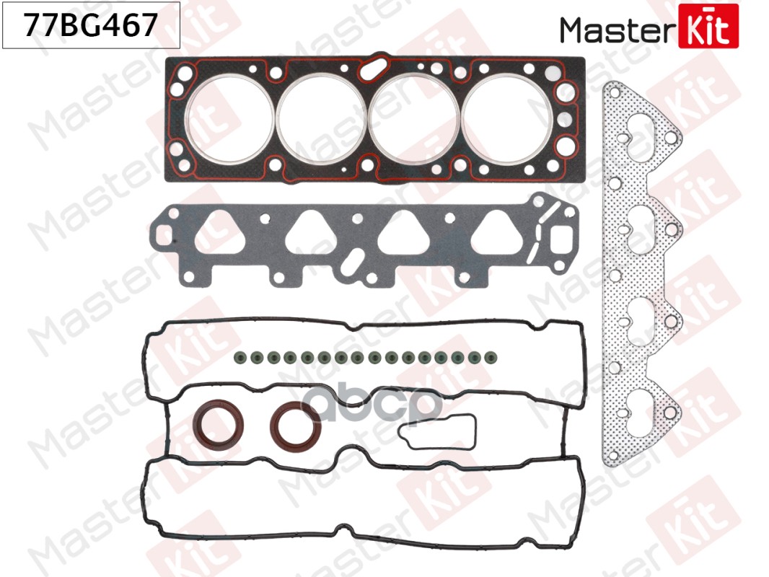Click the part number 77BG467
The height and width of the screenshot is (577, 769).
click(91, 26)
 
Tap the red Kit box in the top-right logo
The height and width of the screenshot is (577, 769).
click(709, 26)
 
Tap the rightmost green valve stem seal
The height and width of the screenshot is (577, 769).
click(475, 356)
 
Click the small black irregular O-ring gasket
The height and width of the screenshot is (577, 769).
click(437, 431)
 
